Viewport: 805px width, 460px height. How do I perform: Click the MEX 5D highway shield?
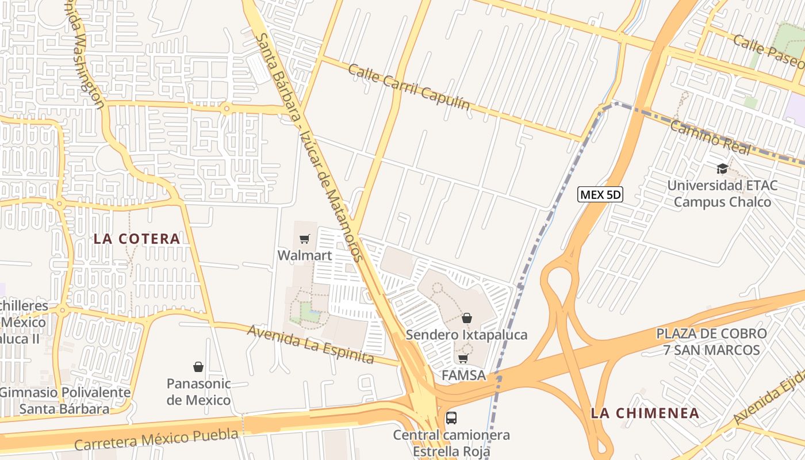click(600, 195)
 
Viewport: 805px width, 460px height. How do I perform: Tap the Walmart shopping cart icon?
click(305, 239)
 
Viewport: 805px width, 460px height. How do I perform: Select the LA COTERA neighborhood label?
click(137, 239)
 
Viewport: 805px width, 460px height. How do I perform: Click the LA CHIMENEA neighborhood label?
click(645, 413)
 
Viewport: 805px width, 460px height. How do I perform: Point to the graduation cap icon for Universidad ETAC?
click(722, 168)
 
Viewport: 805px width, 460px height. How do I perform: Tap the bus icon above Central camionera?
click(451, 417)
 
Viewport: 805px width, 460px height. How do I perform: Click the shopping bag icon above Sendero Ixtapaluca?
click(467, 318)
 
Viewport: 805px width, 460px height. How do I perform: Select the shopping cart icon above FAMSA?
click(463, 359)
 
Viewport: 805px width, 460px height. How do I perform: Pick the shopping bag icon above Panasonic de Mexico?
click(198, 367)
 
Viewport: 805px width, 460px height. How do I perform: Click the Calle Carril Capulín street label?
click(409, 86)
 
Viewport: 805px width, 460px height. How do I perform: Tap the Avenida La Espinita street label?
click(310, 344)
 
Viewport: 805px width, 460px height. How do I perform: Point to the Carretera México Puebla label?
click(156, 439)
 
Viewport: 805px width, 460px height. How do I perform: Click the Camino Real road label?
click(710, 138)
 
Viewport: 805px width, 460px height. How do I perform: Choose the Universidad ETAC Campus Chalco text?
click(722, 194)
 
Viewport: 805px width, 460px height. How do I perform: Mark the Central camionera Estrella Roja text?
click(451, 443)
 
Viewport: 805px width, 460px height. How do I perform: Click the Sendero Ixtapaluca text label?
click(466, 335)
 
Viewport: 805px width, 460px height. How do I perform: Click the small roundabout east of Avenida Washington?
click(227, 108)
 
